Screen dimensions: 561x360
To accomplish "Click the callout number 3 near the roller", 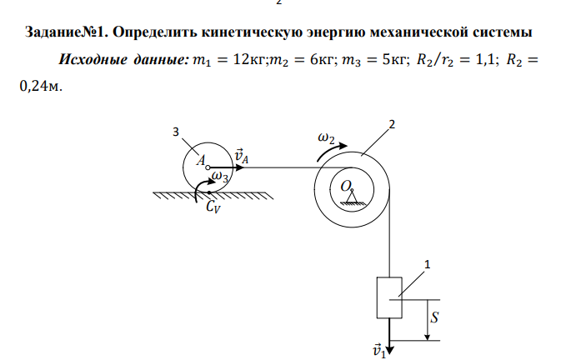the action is [x=175, y=132].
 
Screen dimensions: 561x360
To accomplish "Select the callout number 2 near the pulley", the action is [x=391, y=125].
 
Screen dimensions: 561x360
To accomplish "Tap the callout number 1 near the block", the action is [x=428, y=265].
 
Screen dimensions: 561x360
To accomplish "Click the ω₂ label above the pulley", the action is [x=327, y=138].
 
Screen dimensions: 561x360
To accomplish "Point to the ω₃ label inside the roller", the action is [x=221, y=177].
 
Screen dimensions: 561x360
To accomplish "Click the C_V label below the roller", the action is [x=214, y=210].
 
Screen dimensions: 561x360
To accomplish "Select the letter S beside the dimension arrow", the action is [x=435, y=317].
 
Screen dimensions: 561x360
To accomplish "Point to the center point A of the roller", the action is [x=208, y=167].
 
